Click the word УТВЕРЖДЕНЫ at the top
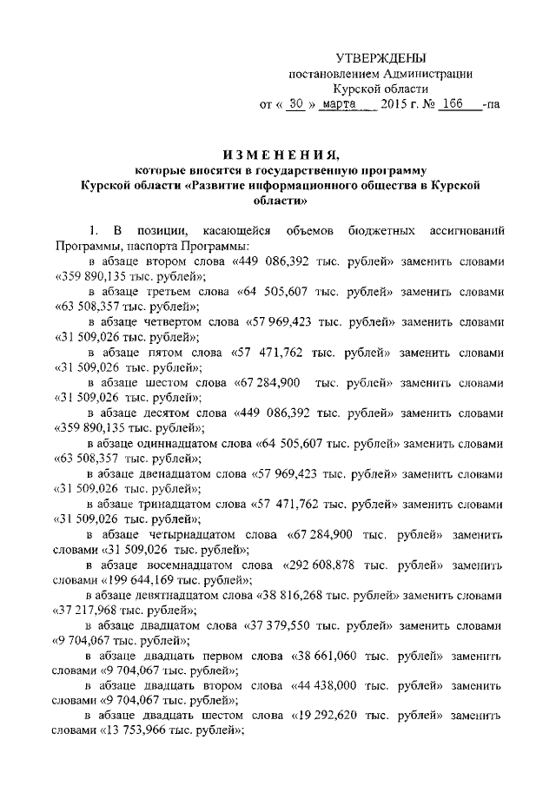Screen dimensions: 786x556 click(381, 58)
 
